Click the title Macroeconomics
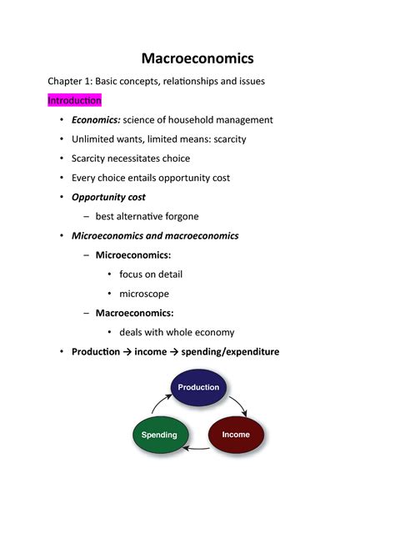(197, 58)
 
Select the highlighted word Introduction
(74, 100)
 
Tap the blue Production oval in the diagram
(198, 387)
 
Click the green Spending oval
(159, 435)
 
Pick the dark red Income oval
(236, 435)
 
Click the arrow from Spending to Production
(158, 404)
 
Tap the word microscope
(144, 294)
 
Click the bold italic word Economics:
(96, 120)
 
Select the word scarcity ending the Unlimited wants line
(228, 139)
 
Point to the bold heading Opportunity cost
(108, 198)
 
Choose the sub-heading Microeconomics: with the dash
(132, 255)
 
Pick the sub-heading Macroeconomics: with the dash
(134, 313)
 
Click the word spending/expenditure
(230, 352)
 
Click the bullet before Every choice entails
(61, 178)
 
